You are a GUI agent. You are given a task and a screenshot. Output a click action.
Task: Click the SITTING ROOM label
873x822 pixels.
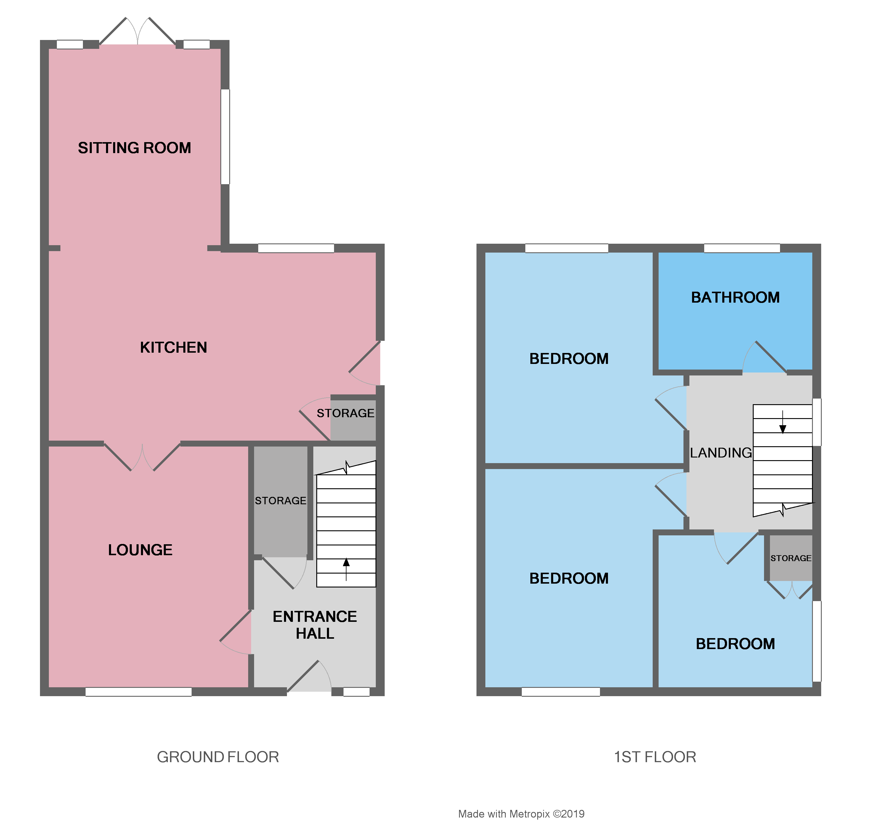click(134, 148)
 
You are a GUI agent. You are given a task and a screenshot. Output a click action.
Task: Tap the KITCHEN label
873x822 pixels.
click(174, 347)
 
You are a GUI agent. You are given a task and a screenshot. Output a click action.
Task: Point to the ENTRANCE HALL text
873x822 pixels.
click(314, 625)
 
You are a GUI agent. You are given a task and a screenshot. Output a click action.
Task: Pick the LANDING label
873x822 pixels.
click(720, 453)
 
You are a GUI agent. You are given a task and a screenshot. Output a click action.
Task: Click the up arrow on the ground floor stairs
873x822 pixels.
click(346, 567)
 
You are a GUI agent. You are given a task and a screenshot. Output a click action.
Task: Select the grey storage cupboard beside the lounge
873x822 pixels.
click(281, 501)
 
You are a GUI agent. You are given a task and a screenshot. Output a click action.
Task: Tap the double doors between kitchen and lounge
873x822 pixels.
click(142, 457)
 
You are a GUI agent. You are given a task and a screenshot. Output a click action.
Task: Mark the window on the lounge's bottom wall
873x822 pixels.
click(138, 692)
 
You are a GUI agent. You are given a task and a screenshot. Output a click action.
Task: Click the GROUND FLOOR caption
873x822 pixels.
click(218, 757)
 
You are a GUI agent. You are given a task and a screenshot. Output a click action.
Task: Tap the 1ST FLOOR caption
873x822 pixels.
click(655, 757)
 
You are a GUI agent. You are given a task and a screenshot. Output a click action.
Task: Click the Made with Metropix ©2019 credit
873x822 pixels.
click(521, 814)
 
